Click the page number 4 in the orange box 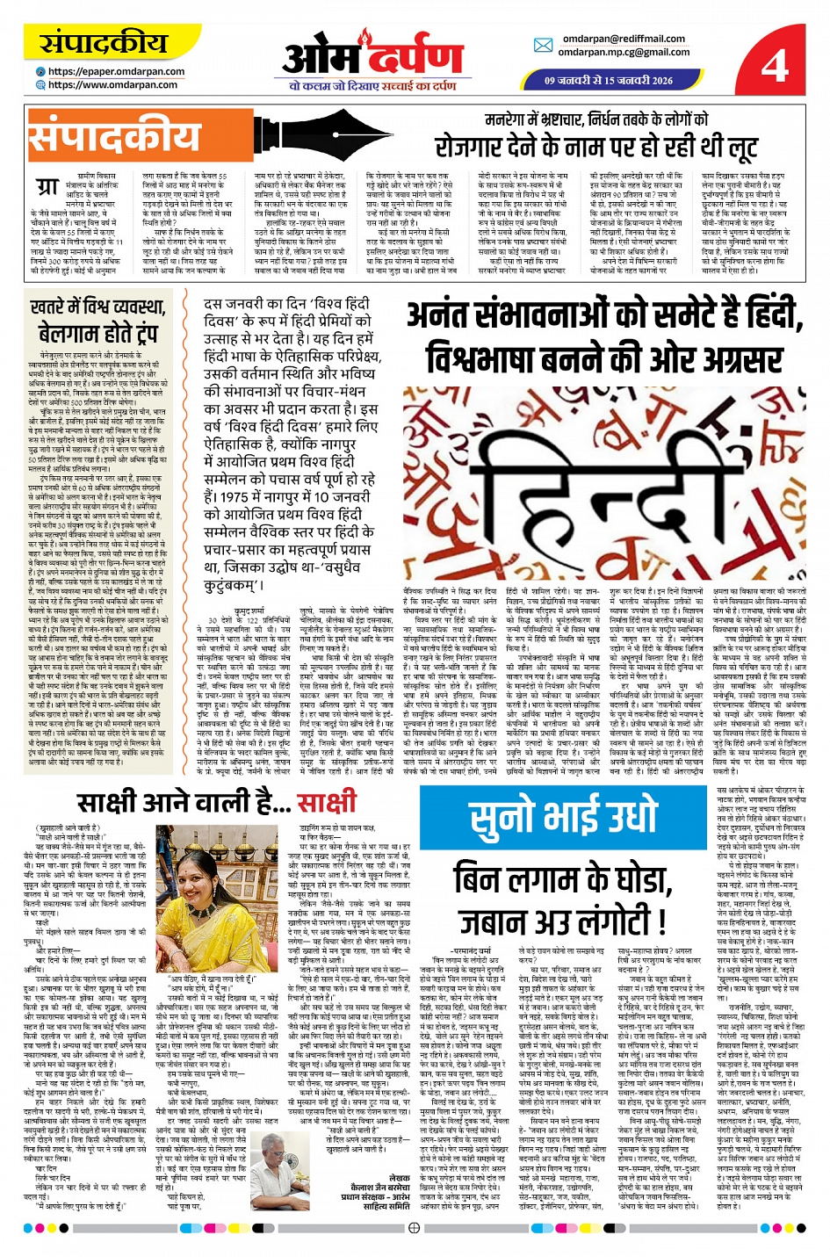pyautogui.click(x=775, y=64)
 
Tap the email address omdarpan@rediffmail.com pyautogui.click(x=624, y=39)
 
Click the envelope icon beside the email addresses pyautogui.click(x=543, y=46)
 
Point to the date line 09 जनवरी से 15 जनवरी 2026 pyautogui.click(x=608, y=80)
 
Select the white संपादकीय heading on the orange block pyautogui.click(x=115, y=139)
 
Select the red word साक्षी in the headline pyautogui.click(x=326, y=803)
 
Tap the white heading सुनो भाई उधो pyautogui.click(x=564, y=819)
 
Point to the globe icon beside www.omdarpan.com pyautogui.click(x=40, y=85)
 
